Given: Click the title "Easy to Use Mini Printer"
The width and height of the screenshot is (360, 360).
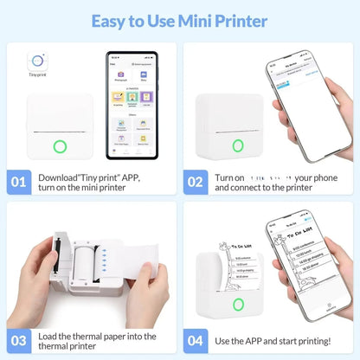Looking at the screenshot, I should coord(180,20).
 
